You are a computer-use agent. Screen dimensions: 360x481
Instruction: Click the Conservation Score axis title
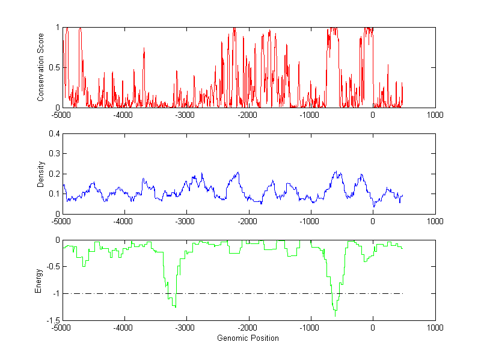41,67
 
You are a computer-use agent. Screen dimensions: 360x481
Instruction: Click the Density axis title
41,174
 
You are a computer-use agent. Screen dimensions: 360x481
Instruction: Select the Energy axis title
38,280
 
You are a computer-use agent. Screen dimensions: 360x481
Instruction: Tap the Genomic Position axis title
248,338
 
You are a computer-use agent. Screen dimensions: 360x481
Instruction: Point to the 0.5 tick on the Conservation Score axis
55,67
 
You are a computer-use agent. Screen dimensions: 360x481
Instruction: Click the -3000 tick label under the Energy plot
185,328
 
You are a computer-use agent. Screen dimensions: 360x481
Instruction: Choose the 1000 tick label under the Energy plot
435,328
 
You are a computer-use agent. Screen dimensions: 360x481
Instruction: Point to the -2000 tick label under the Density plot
247,221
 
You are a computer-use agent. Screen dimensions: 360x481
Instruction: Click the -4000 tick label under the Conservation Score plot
123,115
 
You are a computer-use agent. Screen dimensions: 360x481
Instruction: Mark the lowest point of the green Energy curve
335,315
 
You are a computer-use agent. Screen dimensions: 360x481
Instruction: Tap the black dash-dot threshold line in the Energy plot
271,294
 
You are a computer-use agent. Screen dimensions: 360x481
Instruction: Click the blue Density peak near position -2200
238,173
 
